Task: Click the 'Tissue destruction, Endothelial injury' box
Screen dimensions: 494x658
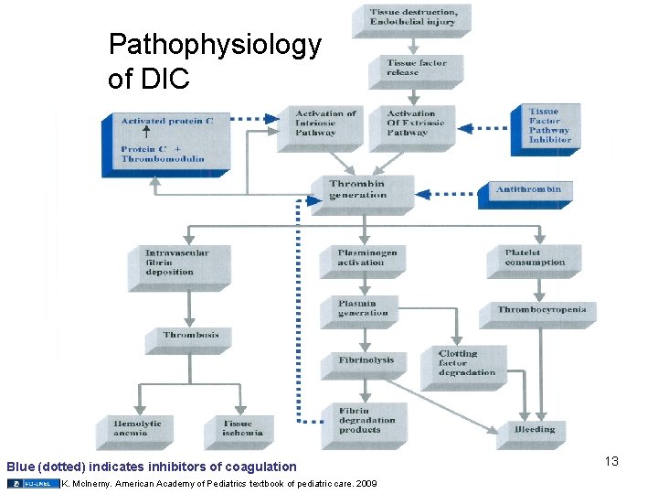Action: [408, 17]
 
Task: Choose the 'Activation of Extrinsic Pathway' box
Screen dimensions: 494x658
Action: [407, 125]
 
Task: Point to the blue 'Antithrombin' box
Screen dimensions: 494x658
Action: [526, 191]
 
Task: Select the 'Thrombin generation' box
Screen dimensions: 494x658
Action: [363, 190]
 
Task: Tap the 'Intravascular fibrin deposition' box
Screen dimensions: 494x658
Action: [175, 263]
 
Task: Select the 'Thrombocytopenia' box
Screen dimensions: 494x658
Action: [539, 312]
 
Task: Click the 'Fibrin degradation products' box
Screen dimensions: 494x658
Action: [363, 422]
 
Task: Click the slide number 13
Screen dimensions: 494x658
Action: [610, 462]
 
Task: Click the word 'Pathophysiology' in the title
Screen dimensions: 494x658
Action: [215, 45]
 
